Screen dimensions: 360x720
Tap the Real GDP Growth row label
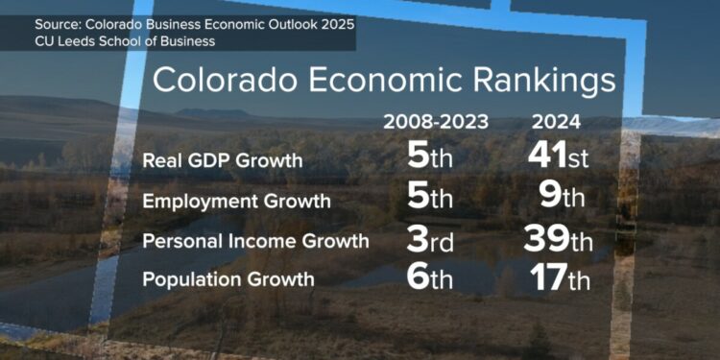pyautogui.click(x=222, y=160)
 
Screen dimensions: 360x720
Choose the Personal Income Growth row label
pyautogui.click(x=255, y=240)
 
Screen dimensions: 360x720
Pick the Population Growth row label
pyautogui.click(x=228, y=279)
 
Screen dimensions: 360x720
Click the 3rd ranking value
pyautogui.click(x=429, y=239)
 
